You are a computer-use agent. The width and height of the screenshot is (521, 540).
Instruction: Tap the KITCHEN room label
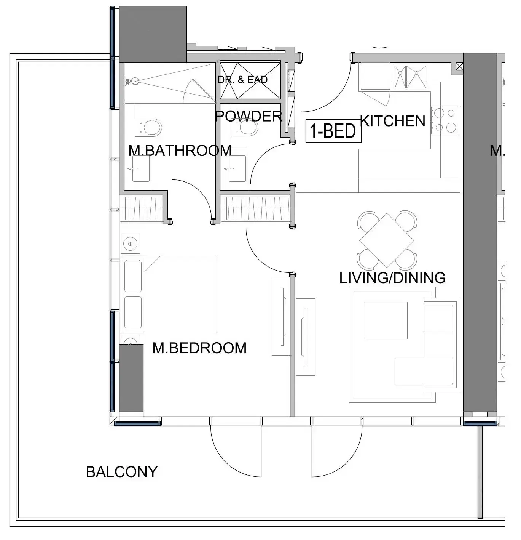(x=392, y=121)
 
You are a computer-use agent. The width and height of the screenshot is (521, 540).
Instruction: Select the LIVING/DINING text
(x=392, y=278)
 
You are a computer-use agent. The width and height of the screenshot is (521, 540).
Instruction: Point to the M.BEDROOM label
(x=199, y=348)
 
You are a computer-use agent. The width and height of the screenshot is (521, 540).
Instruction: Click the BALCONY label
(x=121, y=472)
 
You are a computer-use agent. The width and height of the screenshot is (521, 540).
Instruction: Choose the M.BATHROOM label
(x=180, y=151)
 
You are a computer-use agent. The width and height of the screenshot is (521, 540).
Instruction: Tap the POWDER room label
(x=249, y=116)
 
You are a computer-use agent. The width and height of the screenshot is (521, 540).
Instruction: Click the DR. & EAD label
(x=242, y=80)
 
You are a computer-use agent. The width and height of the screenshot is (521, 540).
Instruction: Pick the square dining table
(x=386, y=240)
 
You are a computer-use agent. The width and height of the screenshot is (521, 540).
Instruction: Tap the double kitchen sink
(x=410, y=77)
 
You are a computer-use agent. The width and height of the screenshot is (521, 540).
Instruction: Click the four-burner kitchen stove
(x=445, y=120)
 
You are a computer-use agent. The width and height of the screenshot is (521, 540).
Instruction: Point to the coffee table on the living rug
(x=385, y=320)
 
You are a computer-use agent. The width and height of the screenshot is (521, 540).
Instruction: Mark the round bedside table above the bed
(x=130, y=244)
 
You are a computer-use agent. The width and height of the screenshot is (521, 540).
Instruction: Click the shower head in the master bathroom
(x=129, y=80)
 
